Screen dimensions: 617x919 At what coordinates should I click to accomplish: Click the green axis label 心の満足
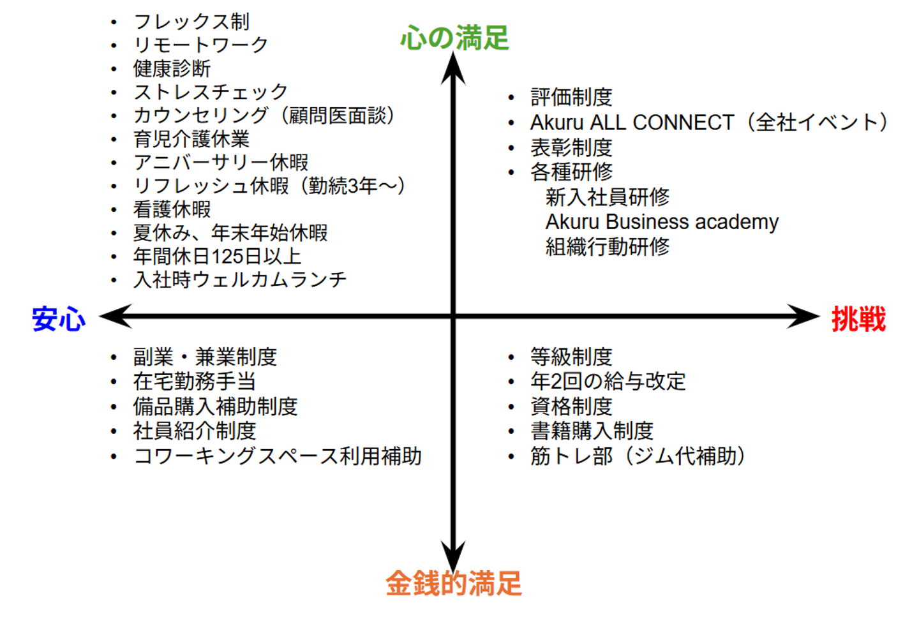click(x=454, y=38)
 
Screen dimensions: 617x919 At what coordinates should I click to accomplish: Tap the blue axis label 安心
click(x=59, y=318)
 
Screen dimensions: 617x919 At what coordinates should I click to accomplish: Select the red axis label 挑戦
click(x=858, y=318)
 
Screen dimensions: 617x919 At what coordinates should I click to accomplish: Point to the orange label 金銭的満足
click(x=454, y=583)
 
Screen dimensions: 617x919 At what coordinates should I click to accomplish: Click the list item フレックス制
click(x=191, y=22)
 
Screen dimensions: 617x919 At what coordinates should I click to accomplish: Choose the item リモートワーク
click(x=200, y=45)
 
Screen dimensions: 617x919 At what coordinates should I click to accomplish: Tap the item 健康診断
click(x=172, y=68)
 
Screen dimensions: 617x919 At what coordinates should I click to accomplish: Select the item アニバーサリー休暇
click(x=220, y=162)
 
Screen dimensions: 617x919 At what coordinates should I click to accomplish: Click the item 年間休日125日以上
click(x=217, y=256)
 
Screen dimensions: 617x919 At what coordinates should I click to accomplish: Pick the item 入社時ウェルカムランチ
click(x=240, y=279)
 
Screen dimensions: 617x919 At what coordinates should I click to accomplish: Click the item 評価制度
click(x=571, y=97)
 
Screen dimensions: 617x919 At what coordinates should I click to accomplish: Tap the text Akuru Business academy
click(x=662, y=221)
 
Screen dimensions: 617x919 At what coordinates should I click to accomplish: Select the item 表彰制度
click(x=571, y=147)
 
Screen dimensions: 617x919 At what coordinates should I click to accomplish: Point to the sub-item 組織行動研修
click(x=607, y=246)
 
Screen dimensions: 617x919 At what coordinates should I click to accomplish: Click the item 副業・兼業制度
click(x=205, y=357)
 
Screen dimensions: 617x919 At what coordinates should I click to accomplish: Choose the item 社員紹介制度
click(x=195, y=431)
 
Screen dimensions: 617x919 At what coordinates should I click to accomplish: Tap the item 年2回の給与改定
click(x=608, y=381)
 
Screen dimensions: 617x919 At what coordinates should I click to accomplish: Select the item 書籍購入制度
click(x=592, y=431)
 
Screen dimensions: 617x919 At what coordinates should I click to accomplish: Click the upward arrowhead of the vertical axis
click(x=453, y=66)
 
